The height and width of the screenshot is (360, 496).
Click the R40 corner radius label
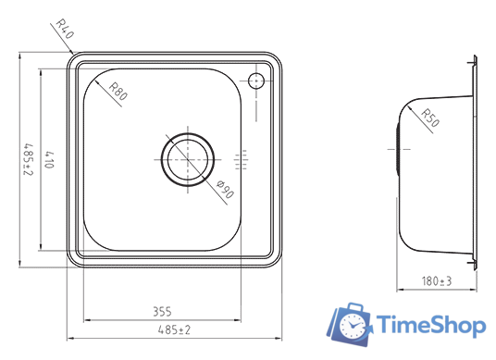click(65, 29)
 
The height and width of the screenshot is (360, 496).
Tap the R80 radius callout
click(118, 91)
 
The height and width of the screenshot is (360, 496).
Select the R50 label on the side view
click(430, 118)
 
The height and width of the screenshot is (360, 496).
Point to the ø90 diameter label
click(225, 189)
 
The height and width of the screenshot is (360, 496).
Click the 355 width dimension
click(162, 312)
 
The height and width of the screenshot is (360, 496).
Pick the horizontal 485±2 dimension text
click(174, 330)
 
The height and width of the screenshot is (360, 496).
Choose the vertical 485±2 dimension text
click(29, 160)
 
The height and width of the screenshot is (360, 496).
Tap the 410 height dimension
click(49, 160)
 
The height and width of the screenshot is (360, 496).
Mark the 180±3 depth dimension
click(437, 280)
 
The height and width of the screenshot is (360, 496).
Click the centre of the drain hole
click(188, 160)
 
